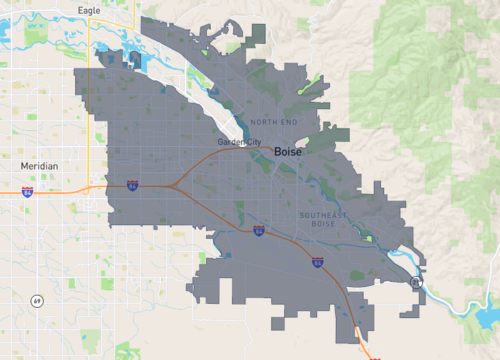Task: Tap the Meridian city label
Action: click(39, 165)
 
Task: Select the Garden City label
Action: click(239, 143)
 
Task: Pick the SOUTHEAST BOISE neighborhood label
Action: click(323, 219)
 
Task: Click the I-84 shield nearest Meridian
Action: click(27, 190)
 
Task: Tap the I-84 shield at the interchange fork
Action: click(132, 185)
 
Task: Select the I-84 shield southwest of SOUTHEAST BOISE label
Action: click(258, 231)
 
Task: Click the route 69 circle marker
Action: click(36, 300)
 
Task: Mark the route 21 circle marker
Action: click(415, 284)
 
